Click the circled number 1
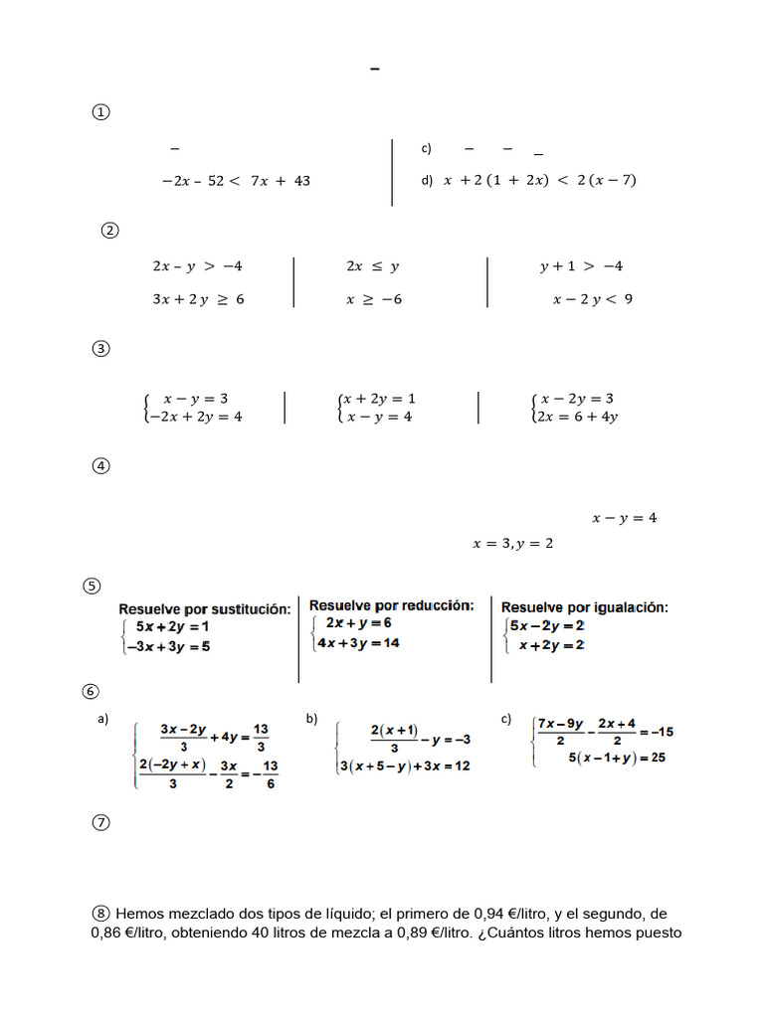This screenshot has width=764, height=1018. point(100,112)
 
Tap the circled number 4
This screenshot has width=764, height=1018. point(100,466)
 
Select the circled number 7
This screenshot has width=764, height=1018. point(100,822)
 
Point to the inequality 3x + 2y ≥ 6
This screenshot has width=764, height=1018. point(198,299)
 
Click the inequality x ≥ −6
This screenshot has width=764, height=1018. point(374,299)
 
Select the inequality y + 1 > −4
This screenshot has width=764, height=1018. point(582,266)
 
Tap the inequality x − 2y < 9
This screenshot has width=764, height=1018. point(593,299)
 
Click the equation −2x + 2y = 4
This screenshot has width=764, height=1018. point(194,417)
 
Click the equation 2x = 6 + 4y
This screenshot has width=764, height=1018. point(578,417)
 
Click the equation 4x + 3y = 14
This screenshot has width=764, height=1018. point(358,643)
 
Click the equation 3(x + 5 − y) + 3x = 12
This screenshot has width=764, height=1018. point(405,765)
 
